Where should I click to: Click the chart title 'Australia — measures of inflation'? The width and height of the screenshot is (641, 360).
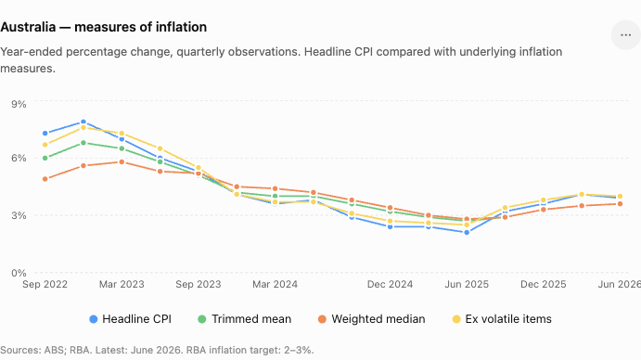(103, 27)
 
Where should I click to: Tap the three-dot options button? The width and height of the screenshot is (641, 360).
(625, 35)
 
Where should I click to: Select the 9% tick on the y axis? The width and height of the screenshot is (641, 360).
(19, 104)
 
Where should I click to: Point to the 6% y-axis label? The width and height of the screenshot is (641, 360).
(19, 158)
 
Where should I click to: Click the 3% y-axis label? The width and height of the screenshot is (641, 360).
(19, 215)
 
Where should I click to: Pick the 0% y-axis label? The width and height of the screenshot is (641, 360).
(19, 273)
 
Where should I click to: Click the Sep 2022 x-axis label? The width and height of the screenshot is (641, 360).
(45, 284)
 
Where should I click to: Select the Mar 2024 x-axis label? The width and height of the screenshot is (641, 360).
(275, 284)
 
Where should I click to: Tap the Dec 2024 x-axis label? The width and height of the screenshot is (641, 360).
(390, 284)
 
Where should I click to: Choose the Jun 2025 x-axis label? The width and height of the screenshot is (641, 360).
(467, 284)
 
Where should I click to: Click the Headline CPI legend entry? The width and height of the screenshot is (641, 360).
(131, 319)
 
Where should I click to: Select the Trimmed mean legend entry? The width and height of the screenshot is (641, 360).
(245, 319)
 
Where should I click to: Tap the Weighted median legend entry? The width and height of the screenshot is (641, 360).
(372, 319)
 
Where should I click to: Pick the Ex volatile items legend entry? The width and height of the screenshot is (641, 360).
(502, 319)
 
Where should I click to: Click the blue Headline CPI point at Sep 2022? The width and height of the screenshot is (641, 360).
(45, 134)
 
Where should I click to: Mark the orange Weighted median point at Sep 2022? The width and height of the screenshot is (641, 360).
(45, 179)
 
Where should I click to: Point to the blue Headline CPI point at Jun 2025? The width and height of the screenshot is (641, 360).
(467, 232)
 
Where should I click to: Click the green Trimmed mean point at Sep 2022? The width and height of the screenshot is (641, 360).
(45, 158)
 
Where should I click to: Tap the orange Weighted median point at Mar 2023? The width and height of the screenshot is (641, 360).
(122, 162)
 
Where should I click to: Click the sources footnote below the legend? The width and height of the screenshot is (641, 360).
(157, 350)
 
